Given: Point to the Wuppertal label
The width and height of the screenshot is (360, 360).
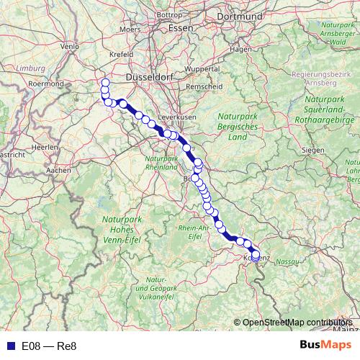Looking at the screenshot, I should [201, 68].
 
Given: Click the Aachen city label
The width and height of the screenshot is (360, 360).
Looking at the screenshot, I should [58, 171].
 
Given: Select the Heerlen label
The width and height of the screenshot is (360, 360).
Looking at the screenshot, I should [45, 146].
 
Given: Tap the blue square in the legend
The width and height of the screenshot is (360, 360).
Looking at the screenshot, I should [8, 346].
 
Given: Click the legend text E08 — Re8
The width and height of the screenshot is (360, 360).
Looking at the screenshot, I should [49, 346].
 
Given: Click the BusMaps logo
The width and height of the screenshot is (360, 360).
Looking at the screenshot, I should [325, 345].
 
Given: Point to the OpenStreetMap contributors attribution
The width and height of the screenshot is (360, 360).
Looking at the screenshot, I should [297, 322].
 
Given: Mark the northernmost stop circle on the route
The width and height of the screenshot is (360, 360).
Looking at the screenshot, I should [105, 82].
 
